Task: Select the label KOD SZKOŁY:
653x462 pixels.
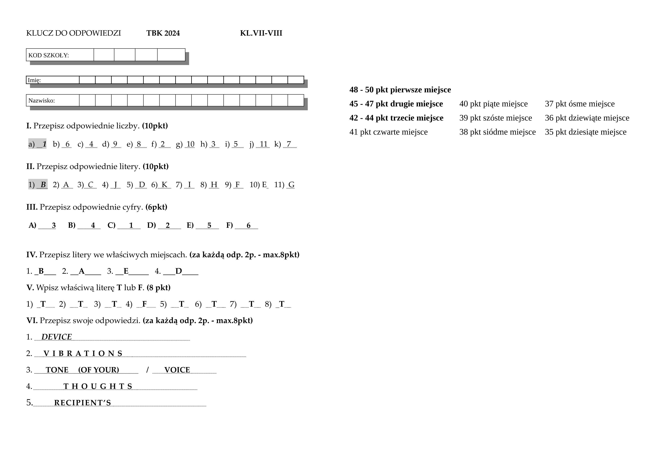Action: (49, 55)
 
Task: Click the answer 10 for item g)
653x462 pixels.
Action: (190, 144)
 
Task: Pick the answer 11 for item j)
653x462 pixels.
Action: (264, 144)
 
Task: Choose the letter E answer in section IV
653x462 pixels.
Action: (126, 271)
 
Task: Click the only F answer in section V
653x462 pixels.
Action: (144, 304)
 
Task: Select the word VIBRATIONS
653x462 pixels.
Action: (83, 353)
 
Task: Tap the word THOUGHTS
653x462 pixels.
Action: (98, 386)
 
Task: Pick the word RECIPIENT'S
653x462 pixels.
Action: (82, 403)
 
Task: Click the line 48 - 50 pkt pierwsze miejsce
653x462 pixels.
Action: (400, 90)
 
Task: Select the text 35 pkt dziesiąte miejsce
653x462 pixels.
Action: (586, 132)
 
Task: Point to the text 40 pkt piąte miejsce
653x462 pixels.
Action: (493, 104)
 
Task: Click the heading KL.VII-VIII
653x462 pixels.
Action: (261, 33)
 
